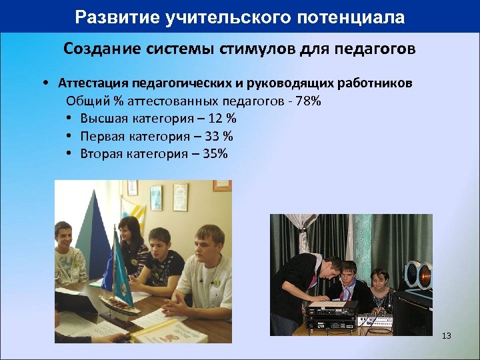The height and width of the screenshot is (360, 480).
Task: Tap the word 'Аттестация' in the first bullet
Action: click(93, 84)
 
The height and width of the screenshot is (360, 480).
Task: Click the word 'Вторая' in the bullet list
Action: click(101, 153)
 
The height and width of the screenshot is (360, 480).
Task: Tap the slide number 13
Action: click(446, 335)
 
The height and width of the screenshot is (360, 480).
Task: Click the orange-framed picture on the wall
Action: click(222, 186)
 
